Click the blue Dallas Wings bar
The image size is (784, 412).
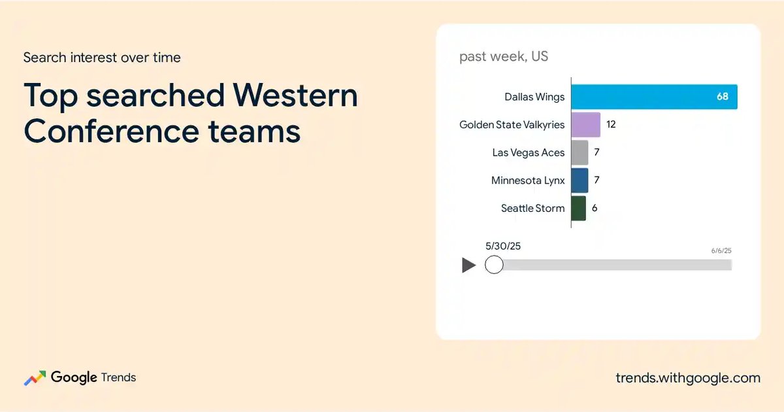[x=654, y=97]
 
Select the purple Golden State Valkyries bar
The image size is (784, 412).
[x=586, y=125]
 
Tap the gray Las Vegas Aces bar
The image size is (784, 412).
[x=580, y=152]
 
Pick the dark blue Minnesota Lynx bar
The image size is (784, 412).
[x=580, y=180]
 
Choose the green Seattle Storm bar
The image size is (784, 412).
[x=579, y=209]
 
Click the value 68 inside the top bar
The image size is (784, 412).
[x=723, y=96]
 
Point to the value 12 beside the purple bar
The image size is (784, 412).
[x=611, y=124]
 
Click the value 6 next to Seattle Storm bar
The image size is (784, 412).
[x=595, y=208]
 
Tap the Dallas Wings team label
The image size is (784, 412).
[x=534, y=97]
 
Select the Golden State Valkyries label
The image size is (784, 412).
[x=512, y=125]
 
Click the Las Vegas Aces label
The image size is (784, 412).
[x=529, y=153]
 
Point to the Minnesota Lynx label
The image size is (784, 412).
[x=528, y=180]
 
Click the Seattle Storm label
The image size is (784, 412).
[x=532, y=209]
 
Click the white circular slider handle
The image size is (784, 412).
[x=494, y=264]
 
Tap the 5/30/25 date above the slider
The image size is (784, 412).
[x=503, y=246]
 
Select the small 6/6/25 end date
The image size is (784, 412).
[x=721, y=250]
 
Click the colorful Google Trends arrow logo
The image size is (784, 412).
[x=35, y=378]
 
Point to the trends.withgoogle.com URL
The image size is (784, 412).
[x=688, y=378]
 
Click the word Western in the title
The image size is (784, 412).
[x=295, y=95]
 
